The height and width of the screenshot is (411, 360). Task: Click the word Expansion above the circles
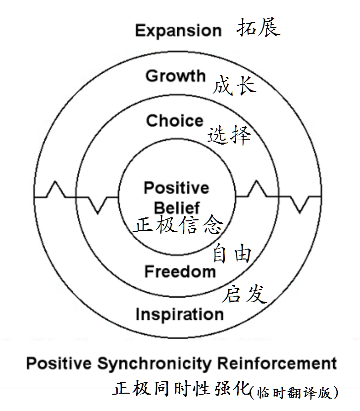pos(178,31)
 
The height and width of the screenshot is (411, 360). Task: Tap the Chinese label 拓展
pos(258,28)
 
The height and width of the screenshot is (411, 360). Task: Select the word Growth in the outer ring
pos(175,76)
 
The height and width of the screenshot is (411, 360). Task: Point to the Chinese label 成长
pos(235,85)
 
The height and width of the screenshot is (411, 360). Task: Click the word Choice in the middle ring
pos(175,121)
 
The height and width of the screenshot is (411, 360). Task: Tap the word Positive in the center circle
pos(176,188)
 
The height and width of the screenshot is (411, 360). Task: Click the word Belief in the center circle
pos(177,207)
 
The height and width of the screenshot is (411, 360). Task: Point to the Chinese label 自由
pos(232,254)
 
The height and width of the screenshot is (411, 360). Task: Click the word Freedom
pos(180,271)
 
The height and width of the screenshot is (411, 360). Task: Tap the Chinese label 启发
pos(244,294)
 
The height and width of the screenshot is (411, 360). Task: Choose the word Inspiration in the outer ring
pos(179,314)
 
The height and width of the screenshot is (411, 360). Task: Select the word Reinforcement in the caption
pos(273,364)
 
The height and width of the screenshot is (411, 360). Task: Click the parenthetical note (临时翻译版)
pos(295,392)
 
